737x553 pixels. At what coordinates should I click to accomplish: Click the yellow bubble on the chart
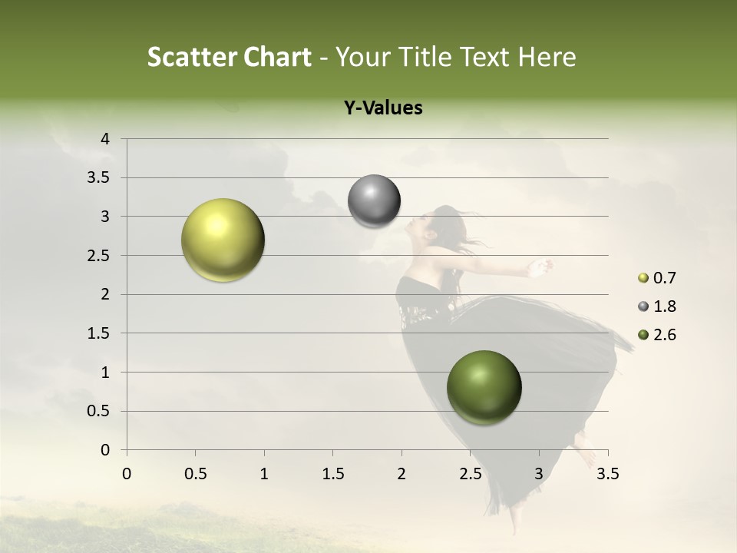click(223, 240)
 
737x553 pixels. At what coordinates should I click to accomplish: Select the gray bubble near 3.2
click(374, 201)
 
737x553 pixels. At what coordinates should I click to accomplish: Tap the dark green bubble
click(484, 387)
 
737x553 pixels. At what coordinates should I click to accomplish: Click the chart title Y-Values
click(383, 108)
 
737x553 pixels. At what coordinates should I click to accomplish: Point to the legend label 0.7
click(664, 278)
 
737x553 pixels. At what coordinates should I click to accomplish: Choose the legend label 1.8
click(664, 306)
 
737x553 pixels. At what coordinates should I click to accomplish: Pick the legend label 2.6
click(664, 335)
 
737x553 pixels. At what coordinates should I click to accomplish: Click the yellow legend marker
click(643, 278)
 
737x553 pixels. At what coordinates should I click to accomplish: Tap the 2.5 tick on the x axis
click(470, 474)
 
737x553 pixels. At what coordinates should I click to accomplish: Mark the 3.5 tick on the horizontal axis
click(607, 474)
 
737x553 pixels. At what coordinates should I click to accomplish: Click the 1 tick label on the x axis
click(264, 474)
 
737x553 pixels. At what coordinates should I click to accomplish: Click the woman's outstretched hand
click(540, 267)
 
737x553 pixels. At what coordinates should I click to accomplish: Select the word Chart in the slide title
click(276, 57)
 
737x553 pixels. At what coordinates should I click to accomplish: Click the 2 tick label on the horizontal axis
click(402, 474)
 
